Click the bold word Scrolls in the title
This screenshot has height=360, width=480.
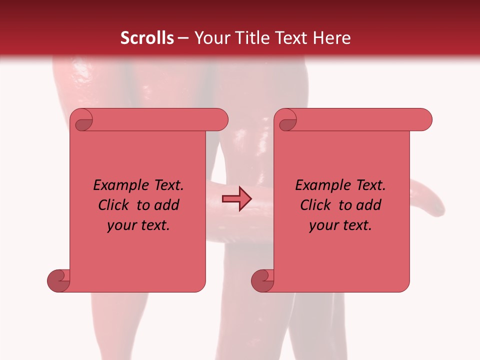point(147,38)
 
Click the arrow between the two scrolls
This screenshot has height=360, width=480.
point(237,198)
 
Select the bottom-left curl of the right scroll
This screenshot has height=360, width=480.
point(263,280)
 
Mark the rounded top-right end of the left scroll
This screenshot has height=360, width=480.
point(220,120)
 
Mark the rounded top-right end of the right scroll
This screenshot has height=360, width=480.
point(424,120)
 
